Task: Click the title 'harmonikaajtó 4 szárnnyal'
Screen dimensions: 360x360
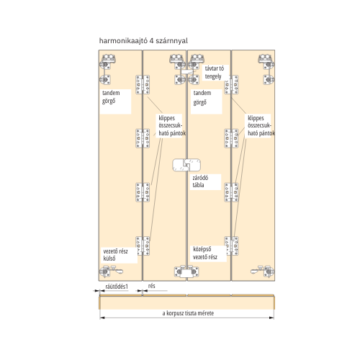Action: pos(143,41)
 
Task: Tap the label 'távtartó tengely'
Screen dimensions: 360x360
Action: pos(215,72)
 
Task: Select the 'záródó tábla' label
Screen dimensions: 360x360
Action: pos(200,181)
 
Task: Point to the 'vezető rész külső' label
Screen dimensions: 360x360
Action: pos(115,255)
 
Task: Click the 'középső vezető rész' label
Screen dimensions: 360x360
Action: pos(205,253)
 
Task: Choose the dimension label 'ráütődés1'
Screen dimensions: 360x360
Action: pos(117,287)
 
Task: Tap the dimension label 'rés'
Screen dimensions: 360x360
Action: pos(152,286)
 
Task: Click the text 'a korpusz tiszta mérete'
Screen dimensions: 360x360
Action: pos(188,313)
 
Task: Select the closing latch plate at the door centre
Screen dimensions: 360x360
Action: pos(186,165)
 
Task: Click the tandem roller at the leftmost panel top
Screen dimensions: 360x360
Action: pos(107,62)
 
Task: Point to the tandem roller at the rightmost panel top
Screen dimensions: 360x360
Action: pos(266,62)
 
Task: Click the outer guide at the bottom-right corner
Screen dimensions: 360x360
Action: pos(263,271)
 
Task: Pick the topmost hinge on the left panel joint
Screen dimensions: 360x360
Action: pos(143,84)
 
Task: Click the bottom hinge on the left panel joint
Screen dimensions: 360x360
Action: pos(143,246)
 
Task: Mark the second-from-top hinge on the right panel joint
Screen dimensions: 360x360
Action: pos(231,138)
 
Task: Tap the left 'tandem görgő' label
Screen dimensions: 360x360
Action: pos(111,97)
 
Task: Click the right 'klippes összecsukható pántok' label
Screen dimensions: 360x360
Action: pos(261,126)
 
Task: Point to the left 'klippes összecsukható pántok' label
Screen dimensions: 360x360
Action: pos(172,126)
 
